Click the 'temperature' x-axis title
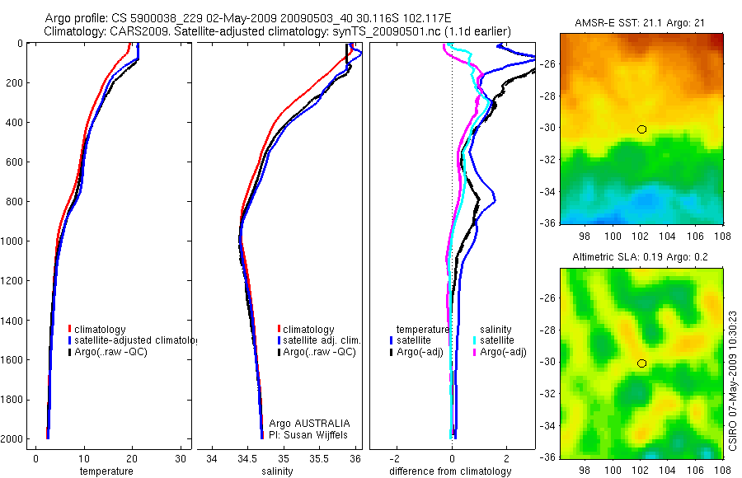tap(106, 471)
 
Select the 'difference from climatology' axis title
tap(450, 471)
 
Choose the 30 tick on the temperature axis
tap(181, 458)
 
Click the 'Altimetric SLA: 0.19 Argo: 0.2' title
tap(641, 257)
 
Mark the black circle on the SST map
tap(641, 129)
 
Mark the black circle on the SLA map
tap(641, 363)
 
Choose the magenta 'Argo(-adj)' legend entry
tap(502, 352)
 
